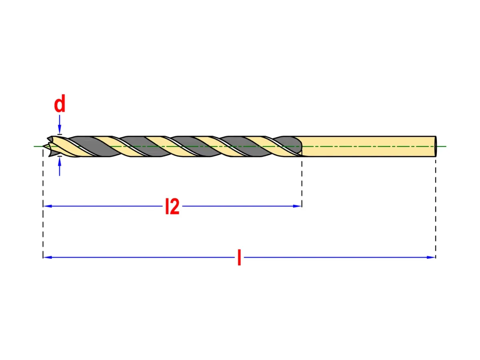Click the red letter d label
60,104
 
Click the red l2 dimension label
172,206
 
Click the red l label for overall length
239,258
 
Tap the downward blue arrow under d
60,124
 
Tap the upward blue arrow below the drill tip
60,166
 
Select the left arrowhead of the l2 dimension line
48,206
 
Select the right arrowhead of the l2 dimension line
297,206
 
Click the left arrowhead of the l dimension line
48,257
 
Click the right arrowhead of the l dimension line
431,257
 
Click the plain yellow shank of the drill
367,146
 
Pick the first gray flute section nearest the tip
94,146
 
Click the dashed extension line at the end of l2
302,184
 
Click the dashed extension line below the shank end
436,209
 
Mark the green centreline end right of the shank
446,146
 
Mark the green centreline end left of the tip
34,146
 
